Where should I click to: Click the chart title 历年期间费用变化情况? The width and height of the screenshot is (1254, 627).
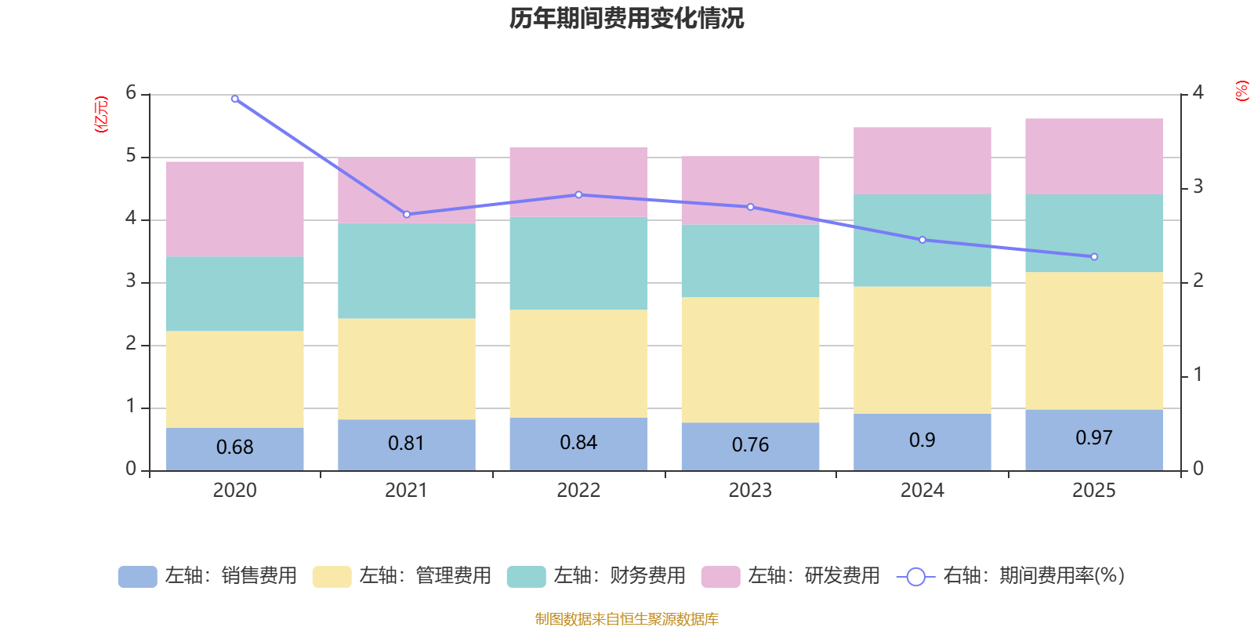tap(626, 18)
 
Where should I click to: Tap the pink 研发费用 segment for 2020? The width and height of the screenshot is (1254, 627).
tap(234, 208)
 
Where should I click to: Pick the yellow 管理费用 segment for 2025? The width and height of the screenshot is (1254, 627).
tap(1093, 340)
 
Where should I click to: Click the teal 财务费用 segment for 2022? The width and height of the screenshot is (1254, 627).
tap(578, 263)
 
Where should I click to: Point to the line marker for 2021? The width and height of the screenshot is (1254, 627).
tap(407, 214)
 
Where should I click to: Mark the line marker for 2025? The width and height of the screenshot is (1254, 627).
tap(1094, 257)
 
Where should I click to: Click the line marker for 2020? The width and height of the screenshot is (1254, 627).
tap(235, 99)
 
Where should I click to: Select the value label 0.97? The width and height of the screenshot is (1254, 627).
tap(1093, 438)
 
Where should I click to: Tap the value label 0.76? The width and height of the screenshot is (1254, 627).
tap(750, 445)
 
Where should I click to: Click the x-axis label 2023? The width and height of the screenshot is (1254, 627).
tap(750, 491)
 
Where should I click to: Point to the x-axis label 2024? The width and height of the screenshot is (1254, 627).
tap(922, 491)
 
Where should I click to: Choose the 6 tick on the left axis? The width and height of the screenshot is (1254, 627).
tap(131, 93)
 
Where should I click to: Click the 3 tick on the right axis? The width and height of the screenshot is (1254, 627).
tap(1198, 187)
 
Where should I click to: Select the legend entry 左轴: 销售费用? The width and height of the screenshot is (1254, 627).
tap(208, 576)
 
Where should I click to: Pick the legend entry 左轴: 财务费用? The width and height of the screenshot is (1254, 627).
tap(596, 576)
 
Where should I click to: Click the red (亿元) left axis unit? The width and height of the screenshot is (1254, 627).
tap(101, 114)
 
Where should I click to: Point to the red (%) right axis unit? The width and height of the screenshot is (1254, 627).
tap(1241, 91)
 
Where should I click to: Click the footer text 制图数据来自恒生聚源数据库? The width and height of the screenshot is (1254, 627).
tap(626, 619)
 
